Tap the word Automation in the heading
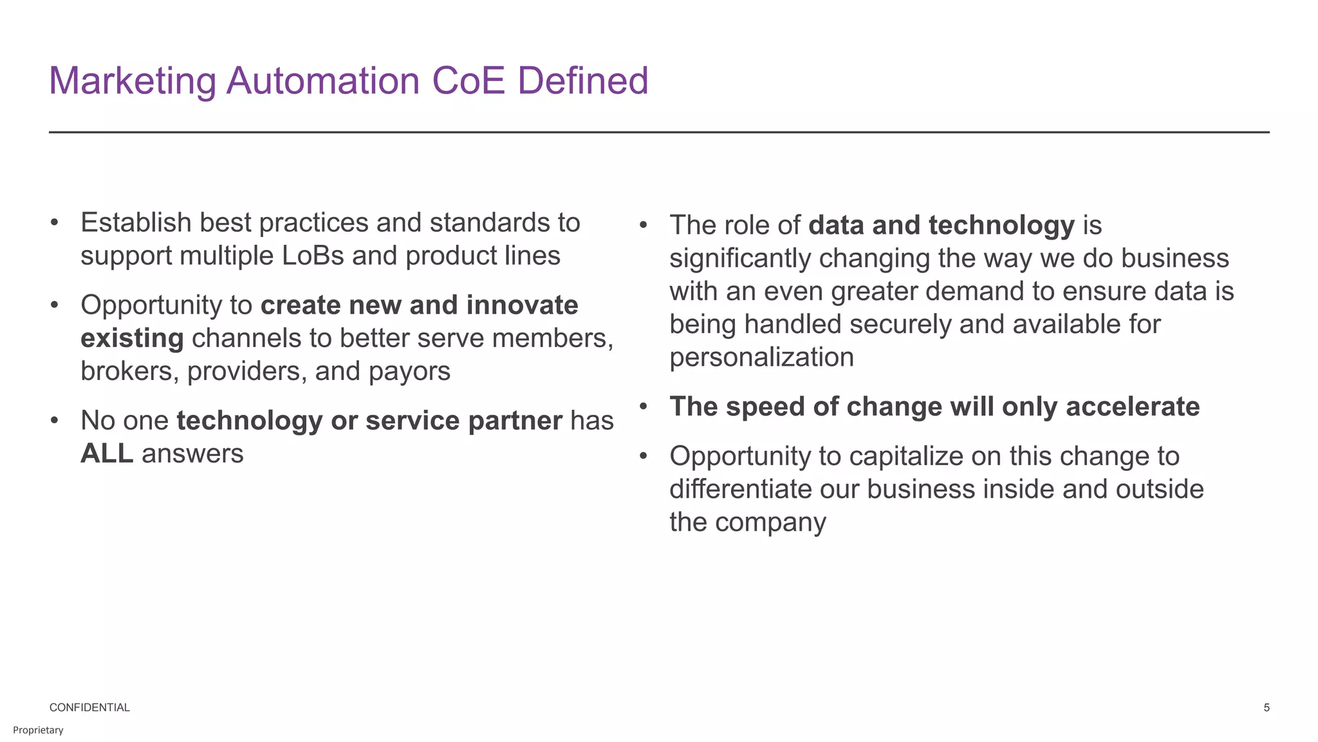tap(322, 81)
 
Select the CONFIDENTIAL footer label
tap(89, 707)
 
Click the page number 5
tap(1266, 707)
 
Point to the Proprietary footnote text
tap(38, 730)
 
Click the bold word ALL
tap(107, 453)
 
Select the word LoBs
tap(313, 256)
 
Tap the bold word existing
tap(132, 338)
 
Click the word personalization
tap(761, 357)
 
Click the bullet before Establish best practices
tap(55, 223)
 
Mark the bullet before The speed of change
tap(643, 406)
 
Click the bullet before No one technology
tap(55, 421)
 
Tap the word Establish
tap(136, 223)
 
